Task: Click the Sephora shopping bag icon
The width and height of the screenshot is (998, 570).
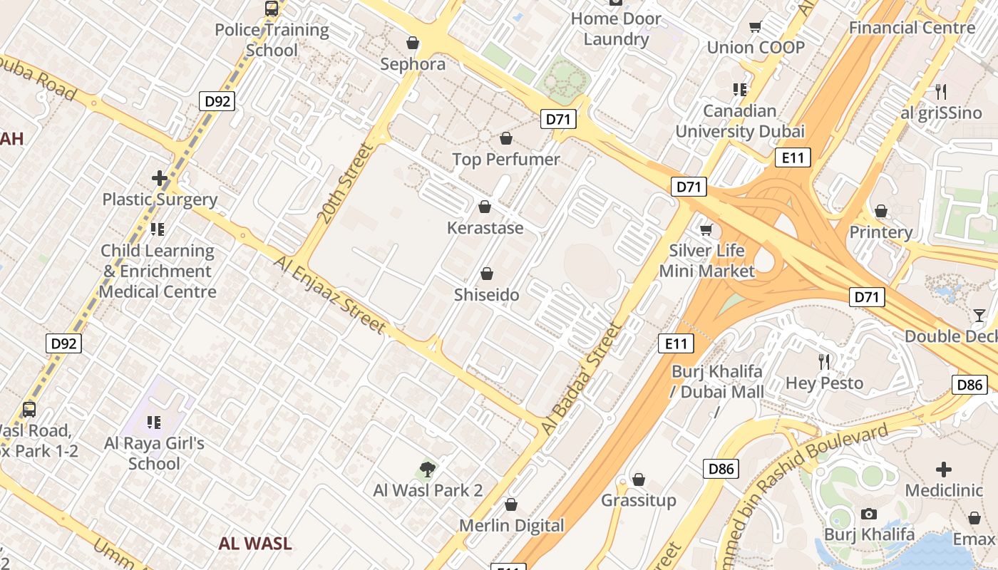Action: tap(412, 43)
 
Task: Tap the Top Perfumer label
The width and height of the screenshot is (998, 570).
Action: tap(506, 160)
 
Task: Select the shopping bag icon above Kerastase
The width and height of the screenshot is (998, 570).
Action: tap(485, 207)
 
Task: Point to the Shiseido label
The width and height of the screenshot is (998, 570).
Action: tap(487, 294)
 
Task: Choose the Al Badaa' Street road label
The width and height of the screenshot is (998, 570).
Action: tap(582, 378)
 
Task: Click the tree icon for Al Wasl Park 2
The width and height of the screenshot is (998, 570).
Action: tap(428, 469)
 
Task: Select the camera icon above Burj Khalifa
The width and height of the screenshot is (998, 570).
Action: tap(868, 514)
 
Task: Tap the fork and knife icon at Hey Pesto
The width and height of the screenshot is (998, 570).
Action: tap(825, 362)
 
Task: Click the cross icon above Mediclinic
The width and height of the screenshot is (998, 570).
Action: tap(943, 470)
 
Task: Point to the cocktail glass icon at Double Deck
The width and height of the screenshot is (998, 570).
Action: tap(979, 315)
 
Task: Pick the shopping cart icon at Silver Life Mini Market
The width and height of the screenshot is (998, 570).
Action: tap(706, 229)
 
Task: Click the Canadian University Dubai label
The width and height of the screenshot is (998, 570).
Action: tap(740, 121)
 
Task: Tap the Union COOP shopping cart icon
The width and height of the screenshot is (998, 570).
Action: tap(755, 27)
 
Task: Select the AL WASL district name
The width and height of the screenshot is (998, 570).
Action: tap(255, 544)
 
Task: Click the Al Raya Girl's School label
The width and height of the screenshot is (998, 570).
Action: tap(154, 453)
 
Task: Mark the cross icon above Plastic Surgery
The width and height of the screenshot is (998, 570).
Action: tap(160, 177)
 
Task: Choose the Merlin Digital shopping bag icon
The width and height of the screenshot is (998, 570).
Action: tap(510, 505)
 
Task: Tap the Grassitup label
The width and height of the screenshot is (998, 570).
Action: tap(639, 500)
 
